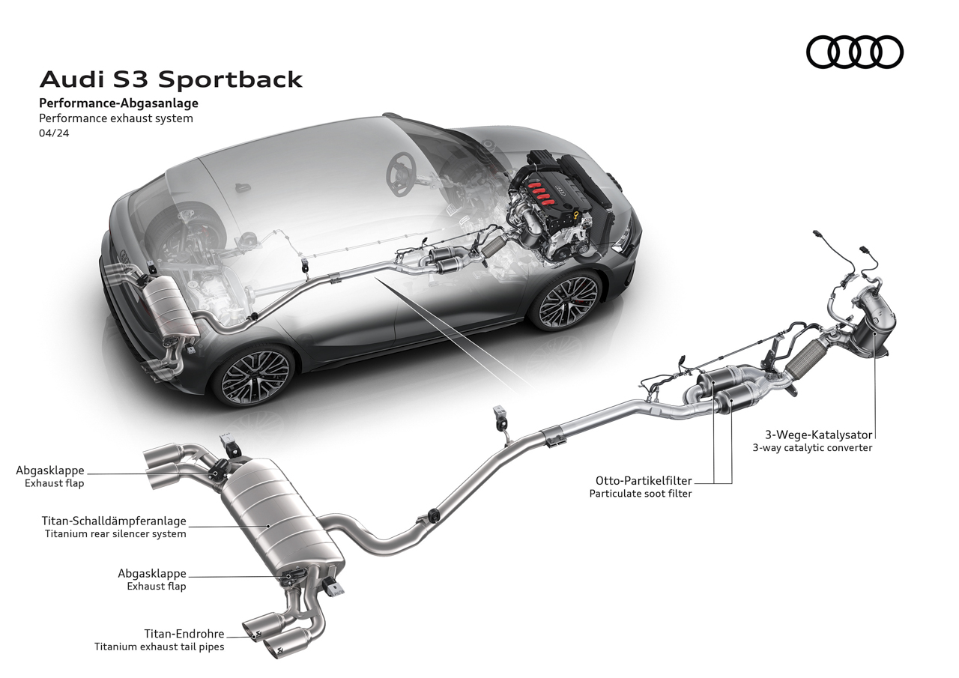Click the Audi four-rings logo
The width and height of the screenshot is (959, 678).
coord(855,52)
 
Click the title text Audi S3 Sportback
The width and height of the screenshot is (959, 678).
coord(172,79)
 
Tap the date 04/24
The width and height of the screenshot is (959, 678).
coord(54,133)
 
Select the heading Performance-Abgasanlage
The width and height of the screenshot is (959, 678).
coord(118,103)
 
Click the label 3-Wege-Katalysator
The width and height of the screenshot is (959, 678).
coord(819,435)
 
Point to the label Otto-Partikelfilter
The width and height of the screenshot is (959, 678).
coord(644,481)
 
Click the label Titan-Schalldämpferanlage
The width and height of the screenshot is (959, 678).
coord(114,521)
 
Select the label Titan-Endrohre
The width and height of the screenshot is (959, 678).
coord(184,634)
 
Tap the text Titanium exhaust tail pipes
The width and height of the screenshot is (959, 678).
coord(160,647)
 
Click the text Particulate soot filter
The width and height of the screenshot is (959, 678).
coord(641,494)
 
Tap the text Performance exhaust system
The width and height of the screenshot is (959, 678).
coord(116,118)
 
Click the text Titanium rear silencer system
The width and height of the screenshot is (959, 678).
coord(115,534)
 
